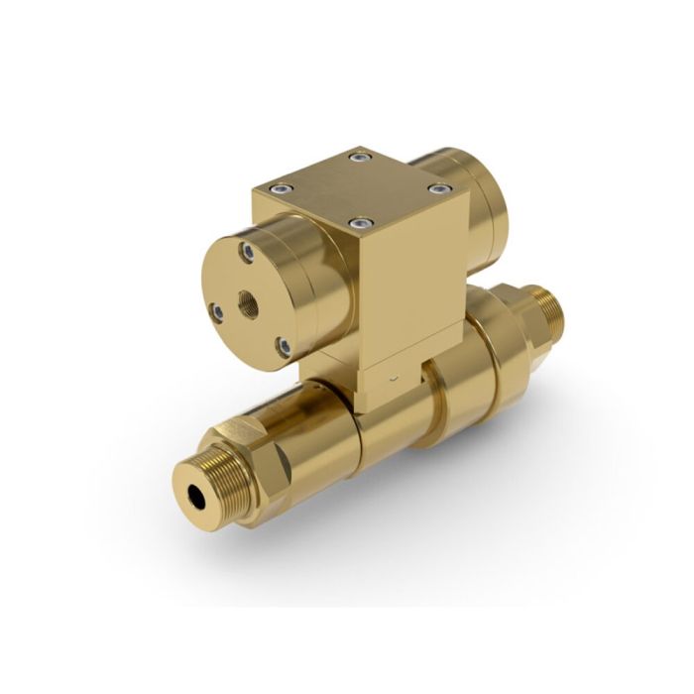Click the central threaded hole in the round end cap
(246, 296)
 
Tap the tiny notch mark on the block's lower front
(395, 379)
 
